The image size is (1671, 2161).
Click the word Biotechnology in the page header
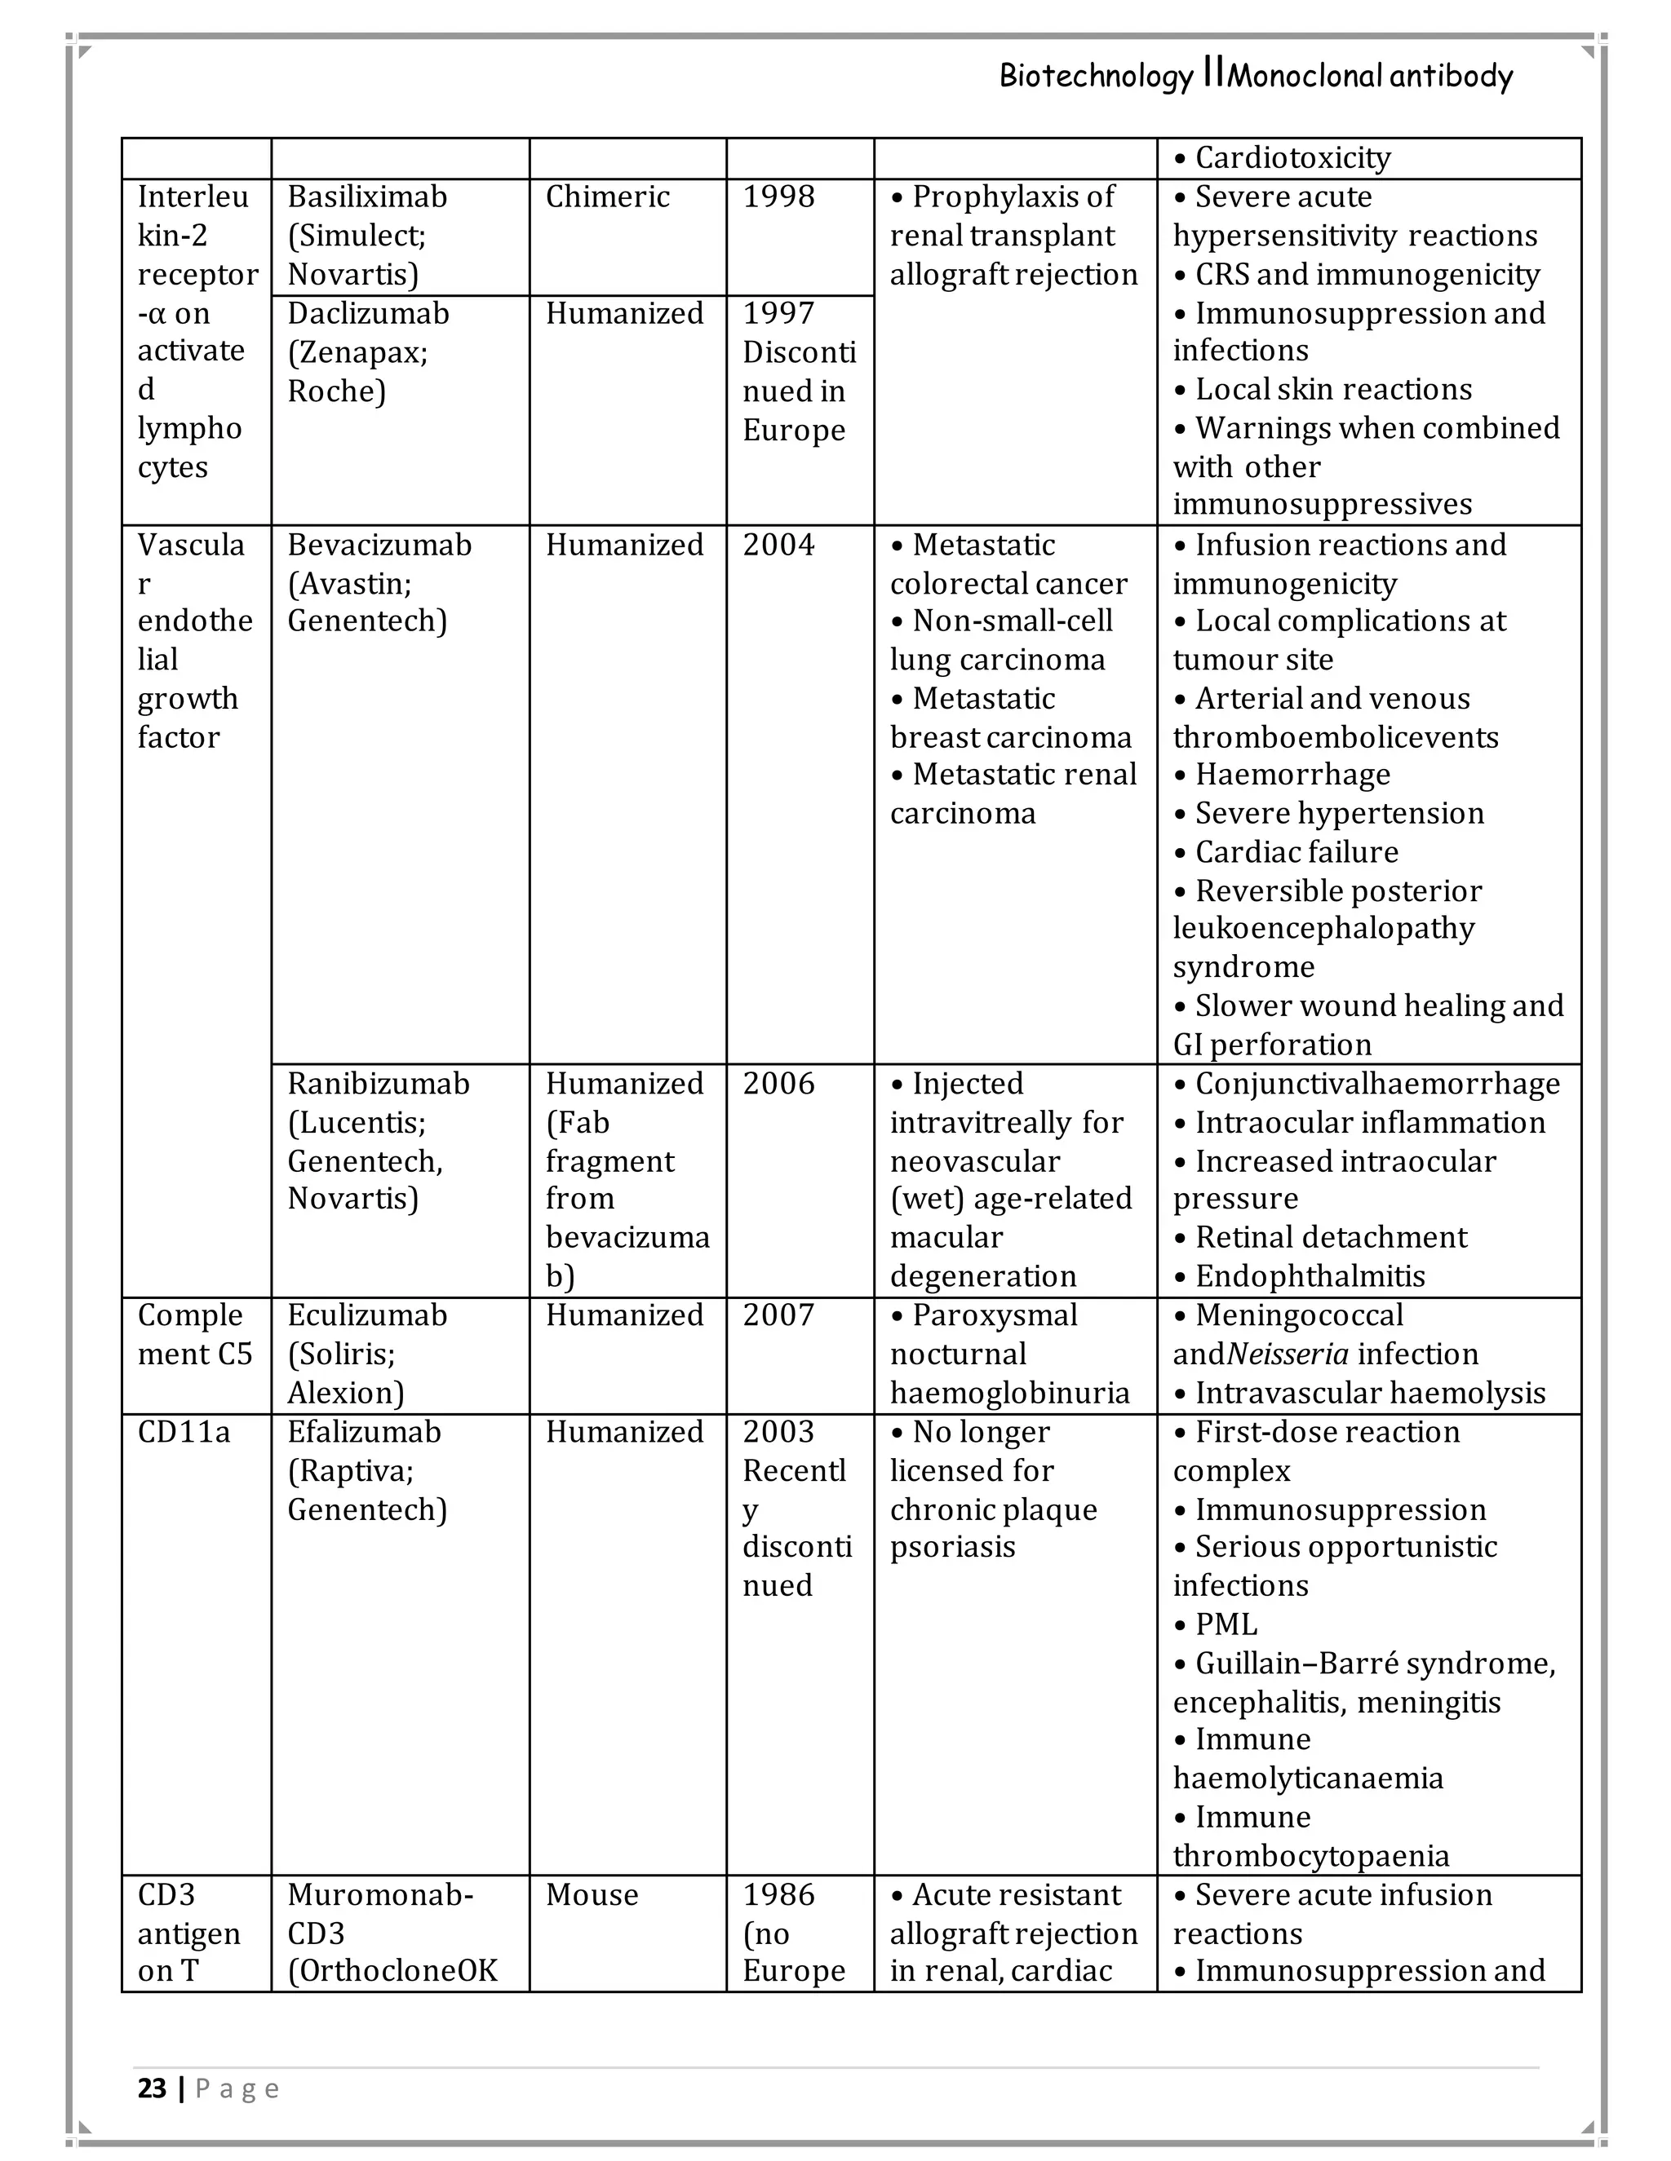pos(1095,76)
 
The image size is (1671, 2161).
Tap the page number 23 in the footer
pos(152,2088)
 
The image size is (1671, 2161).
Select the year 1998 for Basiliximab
pos(778,197)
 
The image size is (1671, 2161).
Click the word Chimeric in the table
pos(607,197)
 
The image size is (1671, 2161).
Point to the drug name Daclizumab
pos(367,314)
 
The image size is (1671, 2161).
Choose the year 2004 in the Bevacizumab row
pos(778,546)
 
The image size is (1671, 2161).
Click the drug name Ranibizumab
pos(378,1084)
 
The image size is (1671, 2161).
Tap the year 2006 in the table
pos(778,1084)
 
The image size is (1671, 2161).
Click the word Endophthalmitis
pos(1310,1276)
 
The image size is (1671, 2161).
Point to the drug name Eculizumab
pos(366,1315)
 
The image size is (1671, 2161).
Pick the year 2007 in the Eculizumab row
pos(778,1315)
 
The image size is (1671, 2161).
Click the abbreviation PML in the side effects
pos(1226,1624)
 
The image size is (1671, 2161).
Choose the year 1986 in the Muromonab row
pos(778,1895)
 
